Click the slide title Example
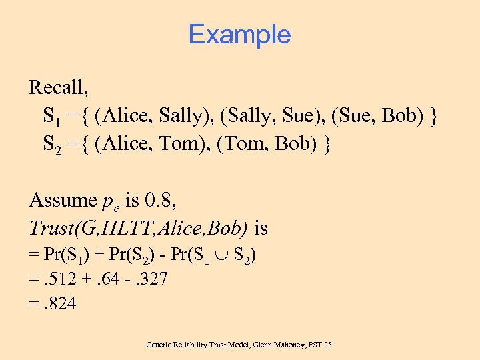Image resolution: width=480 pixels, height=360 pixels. [239, 34]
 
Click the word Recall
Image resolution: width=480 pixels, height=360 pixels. [59, 87]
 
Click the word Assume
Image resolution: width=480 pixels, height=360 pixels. [63, 200]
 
